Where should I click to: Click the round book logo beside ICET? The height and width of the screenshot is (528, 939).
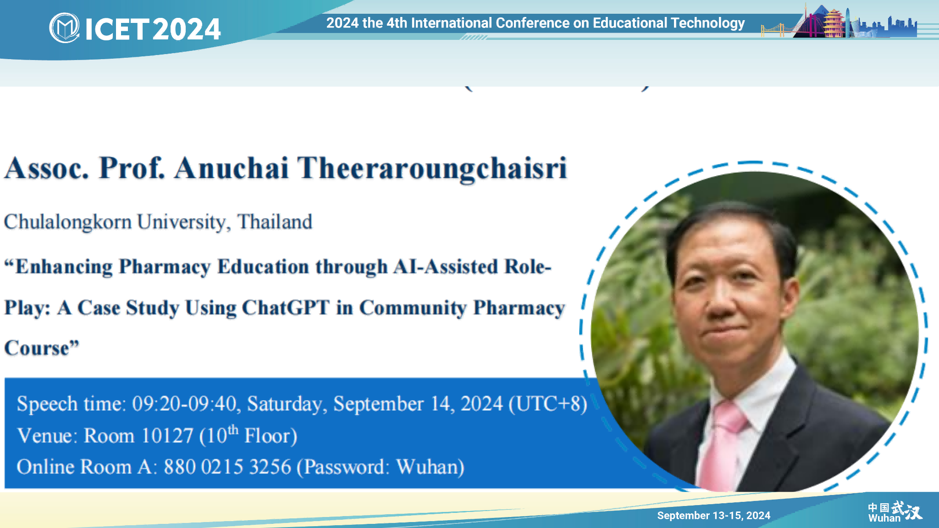64,28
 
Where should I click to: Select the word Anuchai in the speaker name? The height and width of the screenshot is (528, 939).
231,168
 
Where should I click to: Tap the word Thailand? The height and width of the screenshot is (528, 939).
275,222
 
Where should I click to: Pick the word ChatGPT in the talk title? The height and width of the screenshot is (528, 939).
286,308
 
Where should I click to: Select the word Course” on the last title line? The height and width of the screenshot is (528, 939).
42,348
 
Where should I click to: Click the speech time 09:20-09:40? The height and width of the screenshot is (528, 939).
184,404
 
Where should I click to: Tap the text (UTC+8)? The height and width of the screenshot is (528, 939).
548,404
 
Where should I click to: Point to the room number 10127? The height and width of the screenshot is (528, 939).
167,436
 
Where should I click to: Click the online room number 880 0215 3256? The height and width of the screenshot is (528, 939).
227,467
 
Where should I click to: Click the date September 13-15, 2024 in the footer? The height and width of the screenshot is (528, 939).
713,516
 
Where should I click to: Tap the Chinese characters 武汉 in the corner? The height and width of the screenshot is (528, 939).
907,510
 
